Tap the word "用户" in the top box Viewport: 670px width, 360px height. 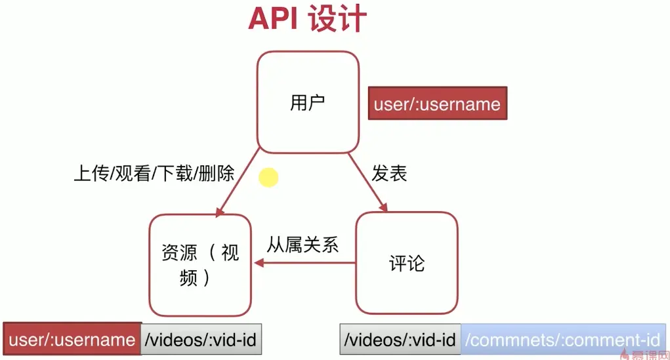pyautogui.click(x=307, y=104)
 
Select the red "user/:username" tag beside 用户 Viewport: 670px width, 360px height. pyautogui.click(x=437, y=104)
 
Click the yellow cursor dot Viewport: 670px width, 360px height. pyautogui.click(x=268, y=177)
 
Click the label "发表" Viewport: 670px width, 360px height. pyautogui.click(x=389, y=173)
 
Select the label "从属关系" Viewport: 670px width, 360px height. pyautogui.click(x=303, y=245)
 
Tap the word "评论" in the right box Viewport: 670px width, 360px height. pyautogui.click(x=406, y=264)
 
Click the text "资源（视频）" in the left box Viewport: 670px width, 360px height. pyautogui.click(x=199, y=264)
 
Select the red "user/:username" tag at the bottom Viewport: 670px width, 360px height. pyautogui.click(x=72, y=339)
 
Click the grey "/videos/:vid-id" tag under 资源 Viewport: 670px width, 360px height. pyautogui.click(x=199, y=339)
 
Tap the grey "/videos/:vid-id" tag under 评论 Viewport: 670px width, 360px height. pyautogui.click(x=400, y=340)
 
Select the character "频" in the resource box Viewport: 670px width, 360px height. pyautogui.click(x=189, y=278)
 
